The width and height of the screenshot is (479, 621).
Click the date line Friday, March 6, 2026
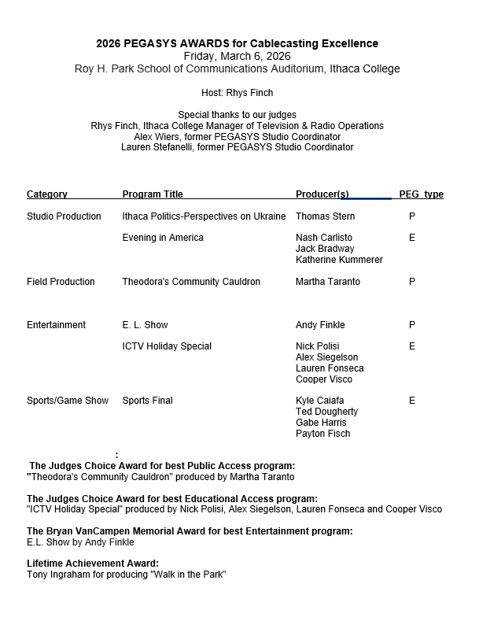click(237, 56)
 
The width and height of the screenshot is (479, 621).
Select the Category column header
click(47, 194)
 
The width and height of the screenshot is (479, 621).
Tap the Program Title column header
click(153, 194)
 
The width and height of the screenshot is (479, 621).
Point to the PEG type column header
click(421, 194)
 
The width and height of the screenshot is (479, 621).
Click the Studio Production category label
click(64, 216)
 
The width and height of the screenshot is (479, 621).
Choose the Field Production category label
click(61, 282)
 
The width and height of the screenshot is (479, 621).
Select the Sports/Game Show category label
click(68, 401)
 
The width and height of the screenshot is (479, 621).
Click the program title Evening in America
click(163, 238)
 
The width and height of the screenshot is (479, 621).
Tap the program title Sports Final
click(148, 401)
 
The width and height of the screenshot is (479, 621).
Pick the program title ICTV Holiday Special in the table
click(167, 346)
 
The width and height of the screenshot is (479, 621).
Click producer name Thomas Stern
click(325, 216)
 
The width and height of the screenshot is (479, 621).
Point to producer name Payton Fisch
click(323, 434)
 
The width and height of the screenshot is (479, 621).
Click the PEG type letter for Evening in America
click(412, 238)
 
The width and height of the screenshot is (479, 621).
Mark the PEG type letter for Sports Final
click(412, 401)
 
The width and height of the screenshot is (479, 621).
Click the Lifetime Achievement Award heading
click(93, 564)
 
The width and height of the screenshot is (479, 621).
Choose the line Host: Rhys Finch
click(237, 93)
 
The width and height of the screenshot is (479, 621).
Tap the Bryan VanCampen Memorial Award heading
click(190, 531)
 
